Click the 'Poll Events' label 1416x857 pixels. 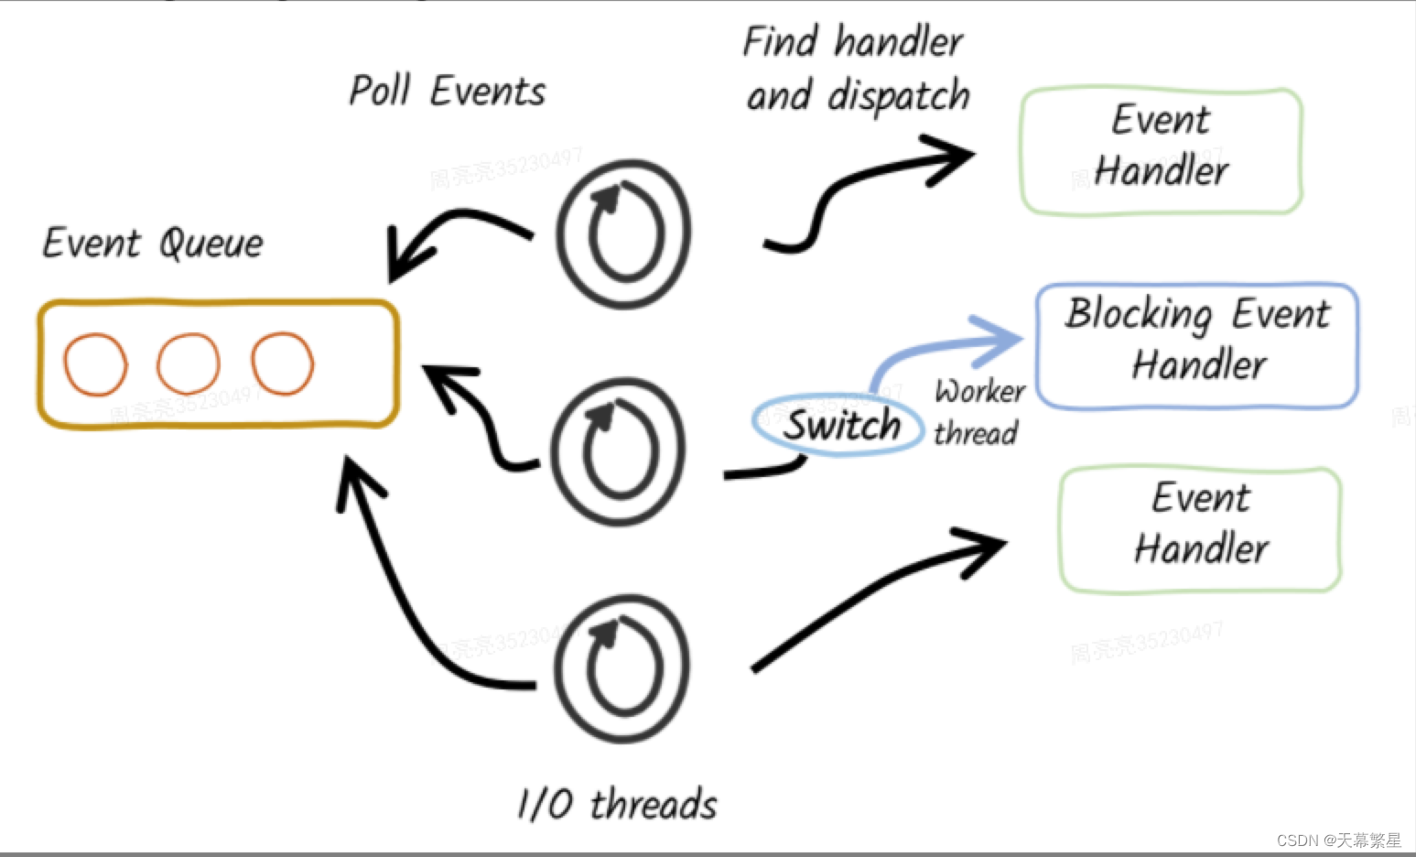tap(447, 92)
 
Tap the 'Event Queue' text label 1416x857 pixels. tap(153, 244)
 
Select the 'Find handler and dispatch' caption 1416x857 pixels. tap(856, 70)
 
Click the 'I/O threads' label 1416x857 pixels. tap(617, 804)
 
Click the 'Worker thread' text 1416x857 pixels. tap(978, 412)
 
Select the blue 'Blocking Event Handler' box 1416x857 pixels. tap(1197, 346)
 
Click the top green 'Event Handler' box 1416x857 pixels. tap(1161, 151)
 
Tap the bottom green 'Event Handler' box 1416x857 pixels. tap(1200, 529)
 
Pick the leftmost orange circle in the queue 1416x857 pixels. tap(95, 364)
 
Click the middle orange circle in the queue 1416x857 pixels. tap(189, 363)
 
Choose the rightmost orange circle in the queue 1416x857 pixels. tap(283, 363)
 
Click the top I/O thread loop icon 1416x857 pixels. tap(624, 233)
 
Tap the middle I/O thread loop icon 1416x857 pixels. tap(620, 451)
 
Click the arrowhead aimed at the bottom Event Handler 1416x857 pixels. tap(984, 548)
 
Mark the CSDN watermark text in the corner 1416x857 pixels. tap(1338, 840)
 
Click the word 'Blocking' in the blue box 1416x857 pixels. tap(1139, 314)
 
